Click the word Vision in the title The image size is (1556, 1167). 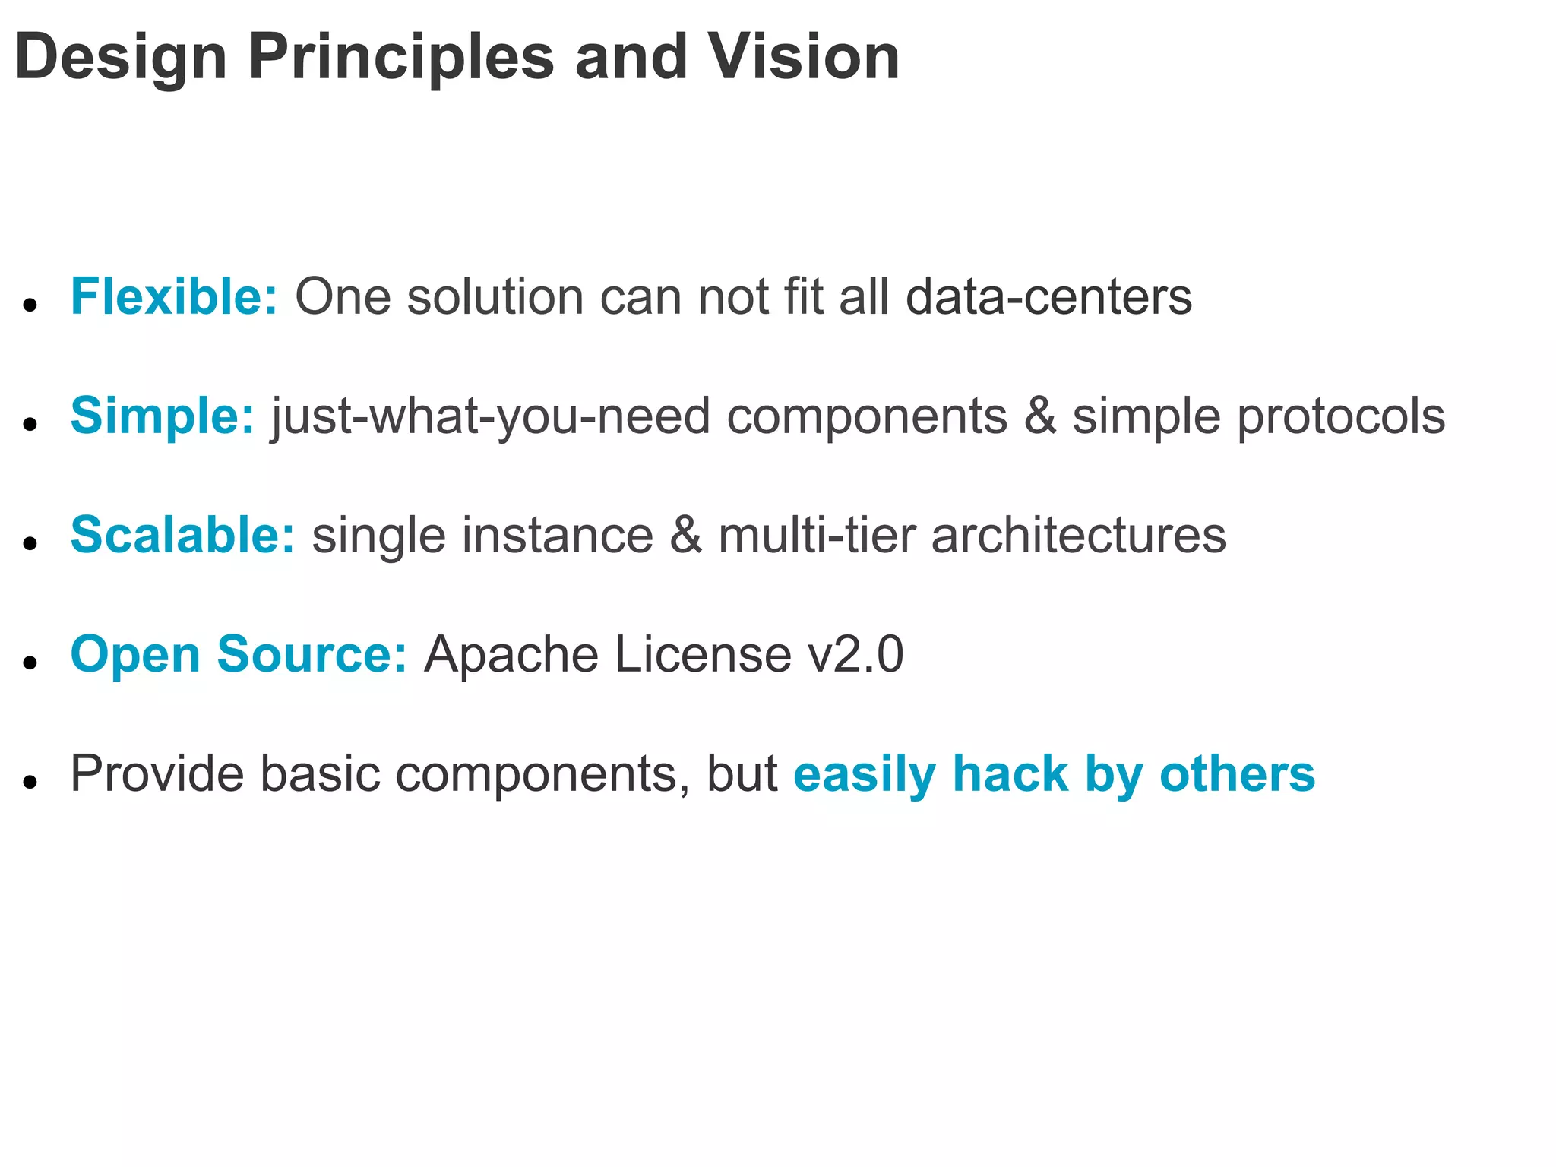point(803,58)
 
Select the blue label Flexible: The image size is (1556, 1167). point(174,296)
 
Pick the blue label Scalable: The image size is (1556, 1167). point(182,535)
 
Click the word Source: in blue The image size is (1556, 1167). point(312,654)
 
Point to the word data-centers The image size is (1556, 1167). point(1048,296)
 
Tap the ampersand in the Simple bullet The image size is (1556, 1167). point(1040,416)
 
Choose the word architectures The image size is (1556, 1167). point(1078,535)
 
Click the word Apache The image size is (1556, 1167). point(511,654)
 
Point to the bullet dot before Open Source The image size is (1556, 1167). point(30,663)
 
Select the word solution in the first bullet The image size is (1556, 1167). point(495,296)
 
